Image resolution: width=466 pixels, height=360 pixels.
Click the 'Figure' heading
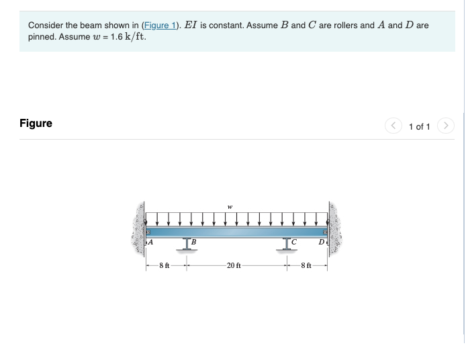pyautogui.click(x=36, y=124)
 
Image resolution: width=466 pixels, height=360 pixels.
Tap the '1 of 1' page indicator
pyautogui.click(x=419, y=126)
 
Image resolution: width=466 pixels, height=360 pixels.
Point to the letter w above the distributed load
pyautogui.click(x=230, y=207)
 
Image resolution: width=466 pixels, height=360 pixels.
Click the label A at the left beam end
pyautogui.click(x=150, y=242)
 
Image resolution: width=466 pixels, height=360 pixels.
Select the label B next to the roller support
pyautogui.click(x=193, y=242)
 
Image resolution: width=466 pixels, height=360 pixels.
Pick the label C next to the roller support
pyautogui.click(x=293, y=242)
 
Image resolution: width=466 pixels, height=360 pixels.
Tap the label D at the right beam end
pyautogui.click(x=321, y=242)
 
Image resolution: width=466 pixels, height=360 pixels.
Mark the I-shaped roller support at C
pyautogui.click(x=287, y=244)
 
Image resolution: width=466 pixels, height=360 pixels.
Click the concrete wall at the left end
pyautogui.click(x=140, y=228)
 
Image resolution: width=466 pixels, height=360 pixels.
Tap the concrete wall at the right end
pyautogui.click(x=334, y=228)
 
